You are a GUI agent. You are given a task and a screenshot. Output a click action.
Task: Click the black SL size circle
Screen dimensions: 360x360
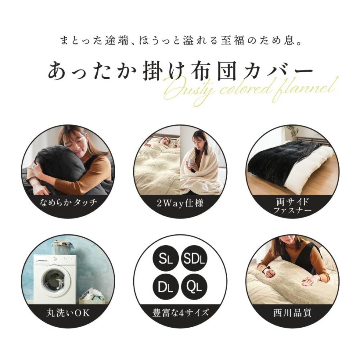(165, 259)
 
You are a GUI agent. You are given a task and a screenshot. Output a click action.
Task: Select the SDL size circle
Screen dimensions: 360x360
(194, 259)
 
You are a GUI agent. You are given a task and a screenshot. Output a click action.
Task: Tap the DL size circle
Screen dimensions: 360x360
(165, 286)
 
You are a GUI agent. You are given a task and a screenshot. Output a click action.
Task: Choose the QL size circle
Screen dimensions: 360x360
(194, 286)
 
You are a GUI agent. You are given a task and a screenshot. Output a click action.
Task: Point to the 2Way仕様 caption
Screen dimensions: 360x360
(180, 203)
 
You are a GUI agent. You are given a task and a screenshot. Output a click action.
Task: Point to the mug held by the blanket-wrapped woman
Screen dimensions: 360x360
(191, 162)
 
